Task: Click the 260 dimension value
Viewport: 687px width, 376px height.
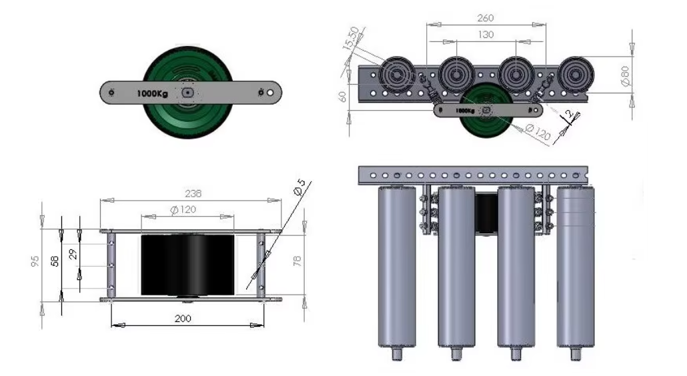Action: pos(485,18)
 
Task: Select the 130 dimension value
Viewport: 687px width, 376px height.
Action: pos(486,35)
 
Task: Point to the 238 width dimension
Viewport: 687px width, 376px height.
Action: pos(193,193)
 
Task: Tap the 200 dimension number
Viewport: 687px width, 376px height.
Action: pos(183,319)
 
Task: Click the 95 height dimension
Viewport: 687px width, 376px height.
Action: pos(35,261)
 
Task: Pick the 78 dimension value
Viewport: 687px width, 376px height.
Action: pos(297,261)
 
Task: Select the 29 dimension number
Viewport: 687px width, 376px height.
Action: pos(73,254)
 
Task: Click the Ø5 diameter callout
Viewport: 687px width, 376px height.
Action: pos(299,187)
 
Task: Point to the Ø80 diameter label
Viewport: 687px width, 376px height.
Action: pos(625,76)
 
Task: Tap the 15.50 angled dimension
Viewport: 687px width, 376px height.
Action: pos(352,37)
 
